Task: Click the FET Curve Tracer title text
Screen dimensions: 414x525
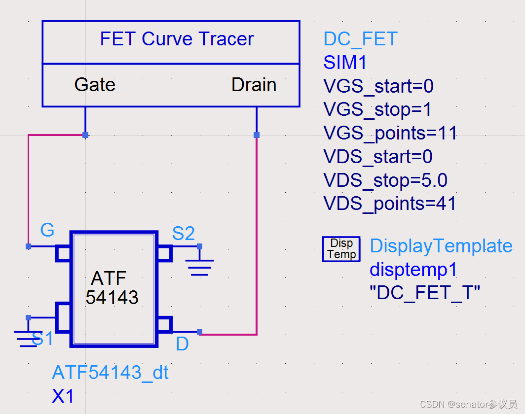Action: [x=177, y=39]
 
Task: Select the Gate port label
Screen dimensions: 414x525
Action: [x=95, y=85]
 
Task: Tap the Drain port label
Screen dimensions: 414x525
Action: [x=254, y=85]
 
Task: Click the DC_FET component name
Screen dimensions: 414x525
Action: [x=360, y=39]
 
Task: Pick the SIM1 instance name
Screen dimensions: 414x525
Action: [x=345, y=63]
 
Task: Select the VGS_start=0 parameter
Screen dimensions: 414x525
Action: [x=378, y=86]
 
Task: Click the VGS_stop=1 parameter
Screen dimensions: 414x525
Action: [x=377, y=109]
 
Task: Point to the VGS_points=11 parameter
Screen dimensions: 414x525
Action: [x=390, y=133]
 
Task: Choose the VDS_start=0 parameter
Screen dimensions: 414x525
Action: [x=378, y=157]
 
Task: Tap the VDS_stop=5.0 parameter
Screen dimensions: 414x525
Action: [x=385, y=180]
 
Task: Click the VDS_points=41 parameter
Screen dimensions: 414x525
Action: [x=390, y=204]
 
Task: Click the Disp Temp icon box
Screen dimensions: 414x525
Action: [x=341, y=249]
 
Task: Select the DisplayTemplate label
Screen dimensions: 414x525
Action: [x=441, y=246]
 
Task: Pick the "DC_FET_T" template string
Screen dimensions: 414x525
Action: [x=425, y=293]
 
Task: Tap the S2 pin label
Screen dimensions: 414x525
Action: [x=183, y=233]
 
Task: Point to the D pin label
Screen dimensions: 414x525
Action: [x=182, y=345]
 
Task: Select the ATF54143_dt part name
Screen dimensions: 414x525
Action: [x=110, y=373]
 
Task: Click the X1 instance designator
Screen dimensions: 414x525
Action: [x=63, y=396]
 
